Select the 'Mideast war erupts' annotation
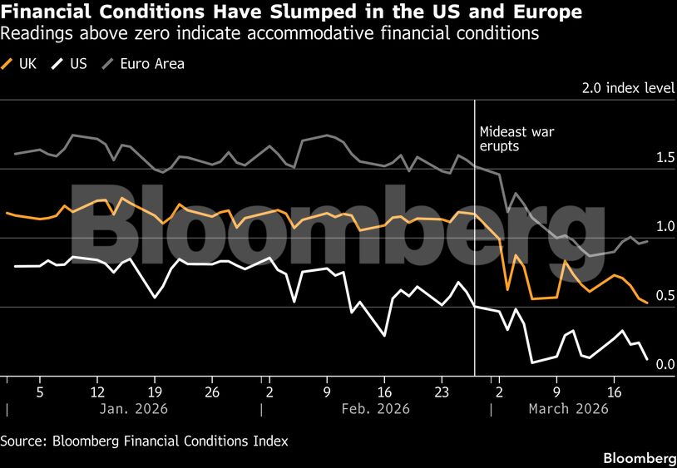(x=516, y=139)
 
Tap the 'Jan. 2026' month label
(x=134, y=409)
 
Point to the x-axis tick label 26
(x=211, y=391)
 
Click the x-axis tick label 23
(x=442, y=391)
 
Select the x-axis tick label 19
(x=154, y=391)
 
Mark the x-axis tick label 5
(x=39, y=391)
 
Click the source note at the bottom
(x=144, y=441)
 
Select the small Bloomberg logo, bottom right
(x=639, y=458)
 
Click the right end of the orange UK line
(x=647, y=303)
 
